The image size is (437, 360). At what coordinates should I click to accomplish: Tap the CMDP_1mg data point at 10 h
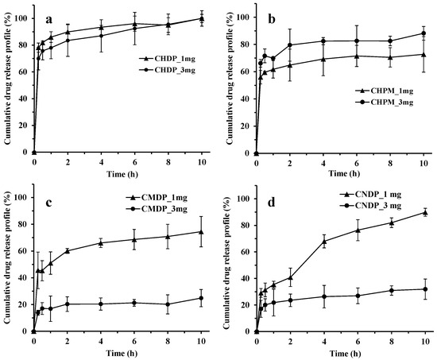(x=201, y=232)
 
